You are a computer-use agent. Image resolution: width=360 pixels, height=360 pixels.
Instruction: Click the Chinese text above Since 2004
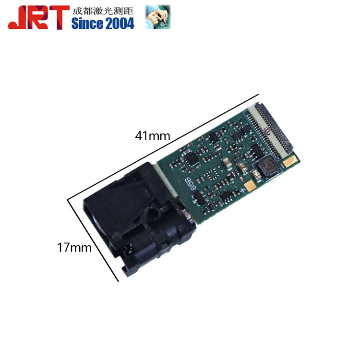point(102,11)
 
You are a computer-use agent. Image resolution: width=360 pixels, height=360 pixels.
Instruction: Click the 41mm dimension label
point(152,136)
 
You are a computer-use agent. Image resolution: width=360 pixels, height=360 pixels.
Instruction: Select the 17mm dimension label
point(74,248)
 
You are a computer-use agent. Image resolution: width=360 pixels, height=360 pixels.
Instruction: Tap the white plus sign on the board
point(243,191)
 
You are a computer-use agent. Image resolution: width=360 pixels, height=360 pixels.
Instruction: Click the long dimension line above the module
point(163,144)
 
